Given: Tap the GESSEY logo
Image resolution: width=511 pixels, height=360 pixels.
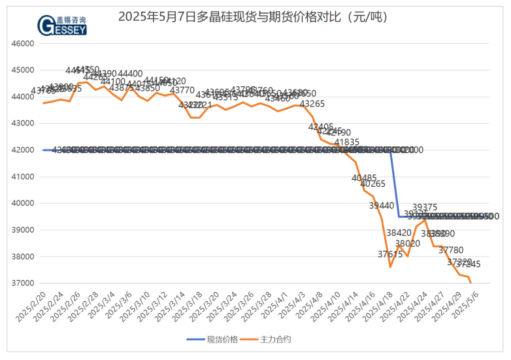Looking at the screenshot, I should click(63, 24).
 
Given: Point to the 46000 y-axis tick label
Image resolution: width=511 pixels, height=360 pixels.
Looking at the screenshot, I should click(23, 44).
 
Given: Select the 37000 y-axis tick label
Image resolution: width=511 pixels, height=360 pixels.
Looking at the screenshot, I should click(23, 284).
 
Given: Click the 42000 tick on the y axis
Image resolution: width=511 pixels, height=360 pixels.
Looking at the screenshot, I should click(23, 150).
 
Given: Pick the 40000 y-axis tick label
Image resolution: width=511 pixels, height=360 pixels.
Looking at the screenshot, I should click(23, 203).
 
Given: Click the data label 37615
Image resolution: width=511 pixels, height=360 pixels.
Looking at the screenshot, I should click(389, 254).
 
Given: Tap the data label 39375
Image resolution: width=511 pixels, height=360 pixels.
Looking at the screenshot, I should click(425, 207).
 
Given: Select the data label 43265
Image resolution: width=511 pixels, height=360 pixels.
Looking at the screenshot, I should click(312, 104).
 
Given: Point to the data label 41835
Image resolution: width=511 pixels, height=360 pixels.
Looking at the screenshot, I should click(347, 142).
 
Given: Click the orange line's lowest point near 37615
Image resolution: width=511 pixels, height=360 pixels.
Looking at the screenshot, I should click(390, 267).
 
